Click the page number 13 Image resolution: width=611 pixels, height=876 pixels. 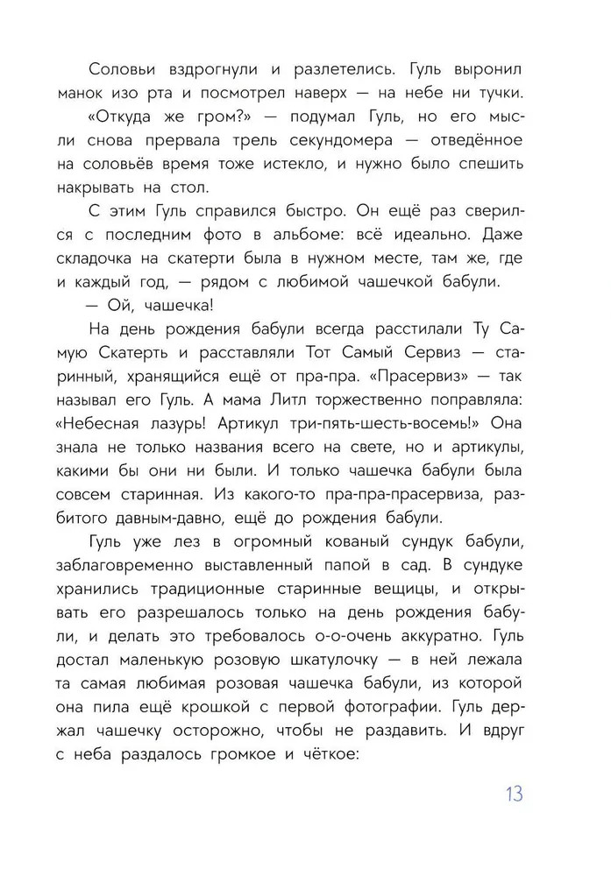[x=513, y=795]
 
